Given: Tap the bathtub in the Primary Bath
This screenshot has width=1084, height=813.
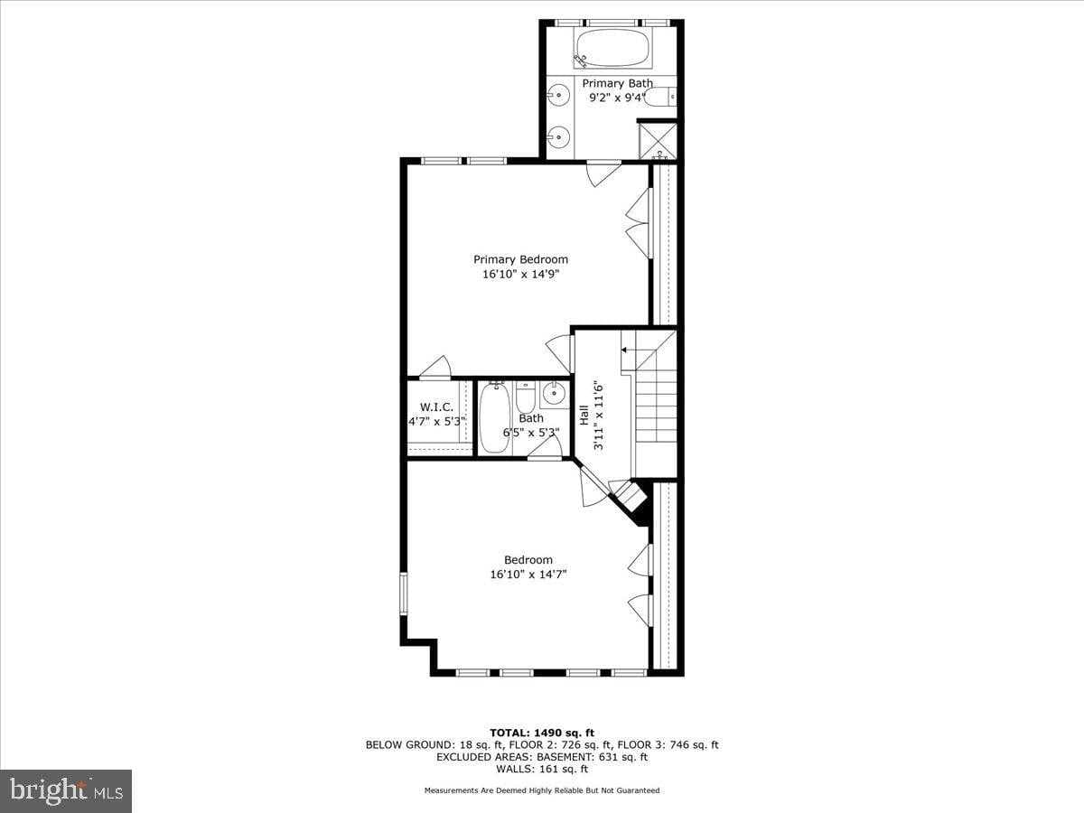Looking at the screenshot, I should point(612,48).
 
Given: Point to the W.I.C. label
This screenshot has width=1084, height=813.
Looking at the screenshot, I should point(436,406).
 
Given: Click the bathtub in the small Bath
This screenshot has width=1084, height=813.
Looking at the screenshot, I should point(494,417).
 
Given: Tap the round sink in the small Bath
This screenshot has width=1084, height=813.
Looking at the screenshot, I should point(554,393).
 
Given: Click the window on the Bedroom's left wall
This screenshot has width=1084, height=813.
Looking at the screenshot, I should point(405,596).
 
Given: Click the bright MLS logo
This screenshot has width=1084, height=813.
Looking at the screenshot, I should point(66,791).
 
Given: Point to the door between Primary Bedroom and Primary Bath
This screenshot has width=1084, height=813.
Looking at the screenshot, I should point(603,172).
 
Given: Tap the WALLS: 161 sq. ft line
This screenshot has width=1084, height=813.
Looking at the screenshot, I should point(541,770).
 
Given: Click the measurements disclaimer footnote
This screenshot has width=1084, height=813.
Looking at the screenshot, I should point(541,790).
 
